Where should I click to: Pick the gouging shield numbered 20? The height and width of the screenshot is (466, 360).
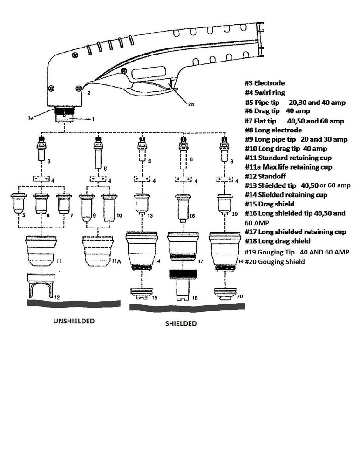pyautogui.click(x=224, y=294)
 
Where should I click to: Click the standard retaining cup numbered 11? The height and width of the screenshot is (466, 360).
pyautogui.click(x=42, y=252)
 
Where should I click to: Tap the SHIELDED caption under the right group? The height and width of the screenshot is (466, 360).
pyautogui.click(x=181, y=323)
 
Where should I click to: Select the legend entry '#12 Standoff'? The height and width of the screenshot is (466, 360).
pyautogui.click(x=265, y=176)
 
